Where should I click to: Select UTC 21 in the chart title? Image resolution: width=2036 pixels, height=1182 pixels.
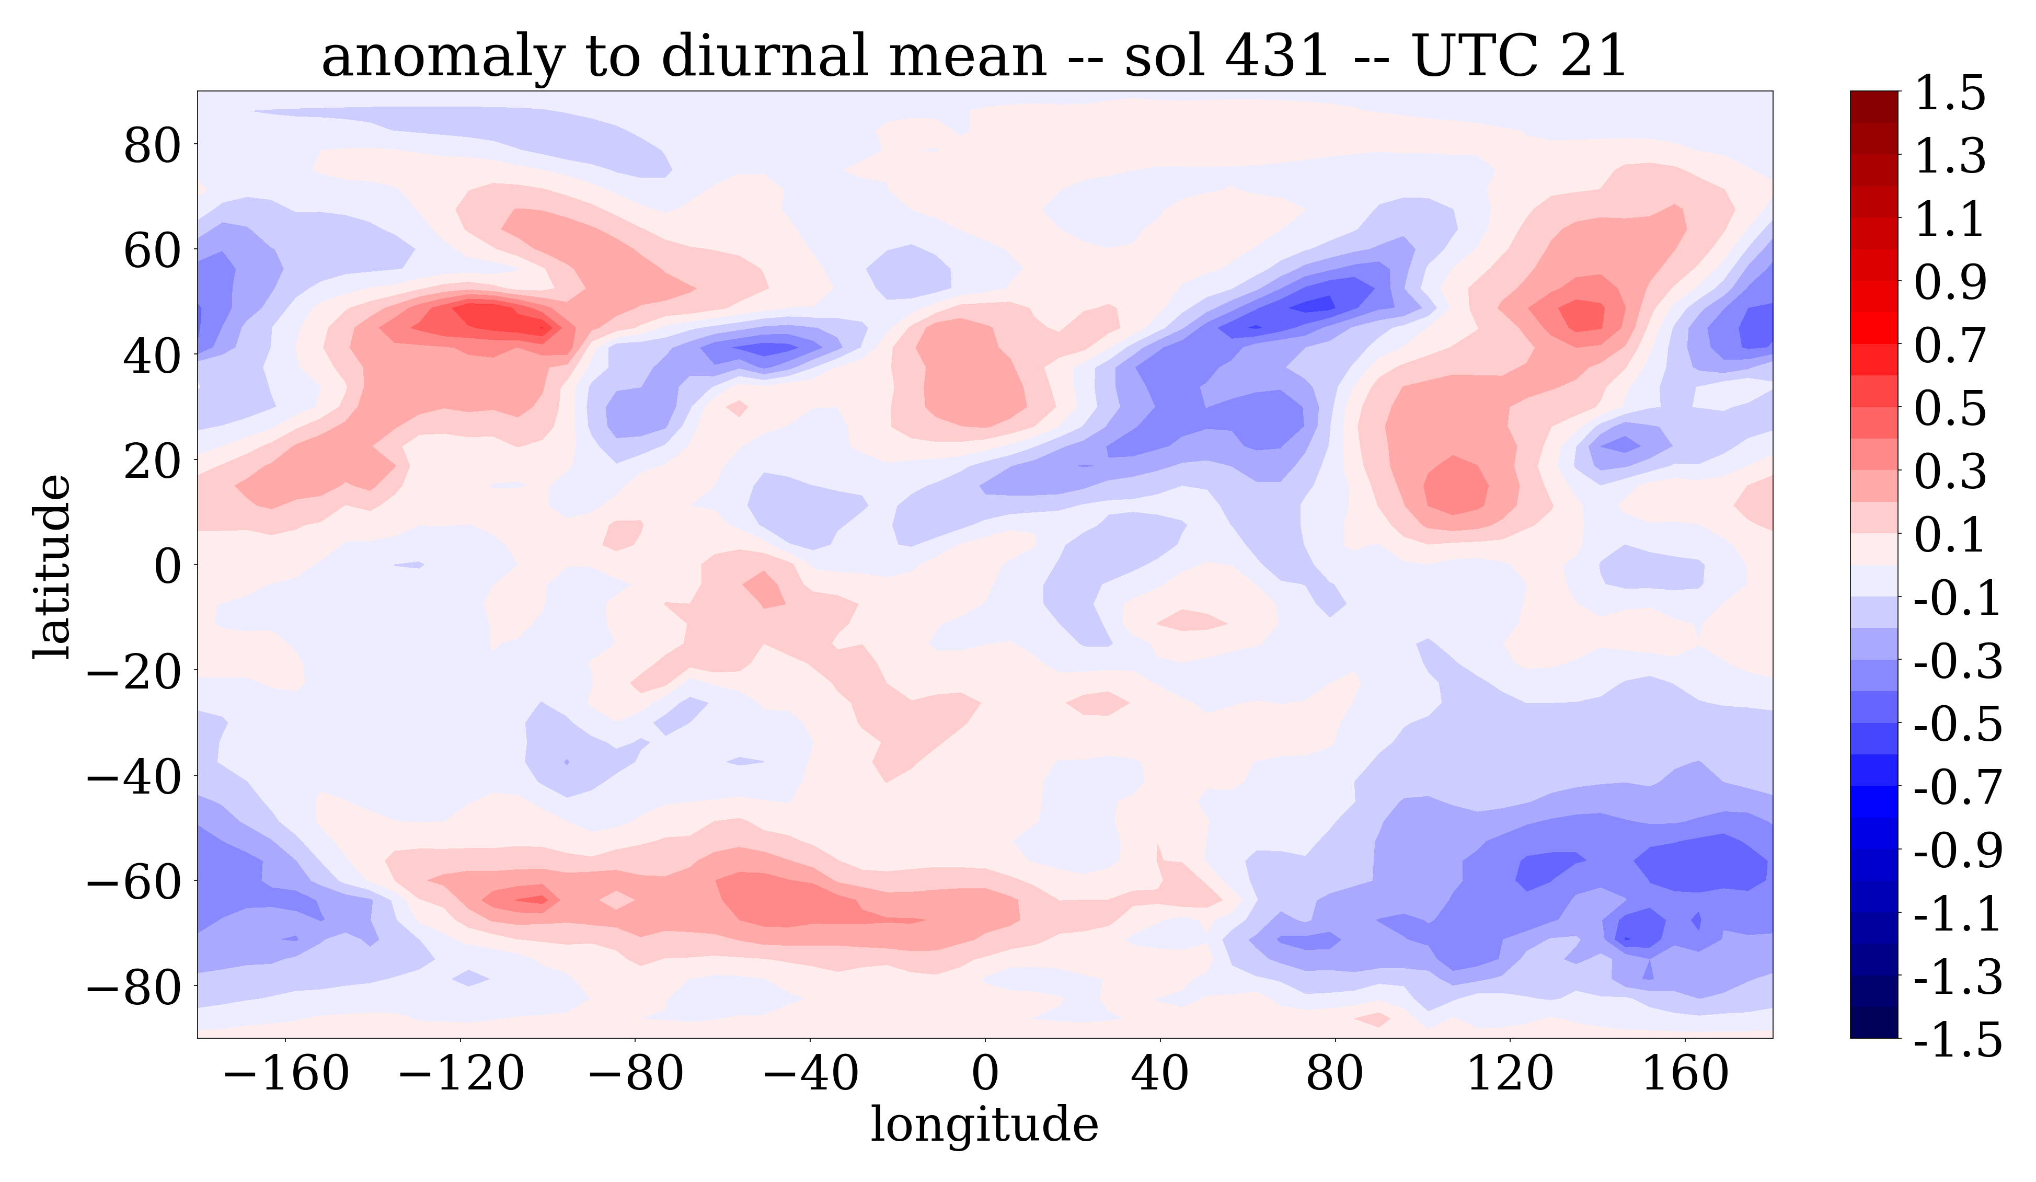point(1519,56)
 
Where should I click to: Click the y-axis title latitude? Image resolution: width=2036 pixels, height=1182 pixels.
point(52,566)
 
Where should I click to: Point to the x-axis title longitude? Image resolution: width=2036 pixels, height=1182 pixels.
point(984,1124)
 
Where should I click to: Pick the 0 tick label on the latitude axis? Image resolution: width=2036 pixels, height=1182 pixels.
point(168,566)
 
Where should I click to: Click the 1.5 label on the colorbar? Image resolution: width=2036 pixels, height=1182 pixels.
point(1950,93)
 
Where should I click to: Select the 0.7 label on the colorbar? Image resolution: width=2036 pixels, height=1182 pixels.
point(1950,346)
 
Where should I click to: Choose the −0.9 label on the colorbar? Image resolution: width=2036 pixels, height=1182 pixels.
point(1958,851)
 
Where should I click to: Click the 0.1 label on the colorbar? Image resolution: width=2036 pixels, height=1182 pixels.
point(1950,535)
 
